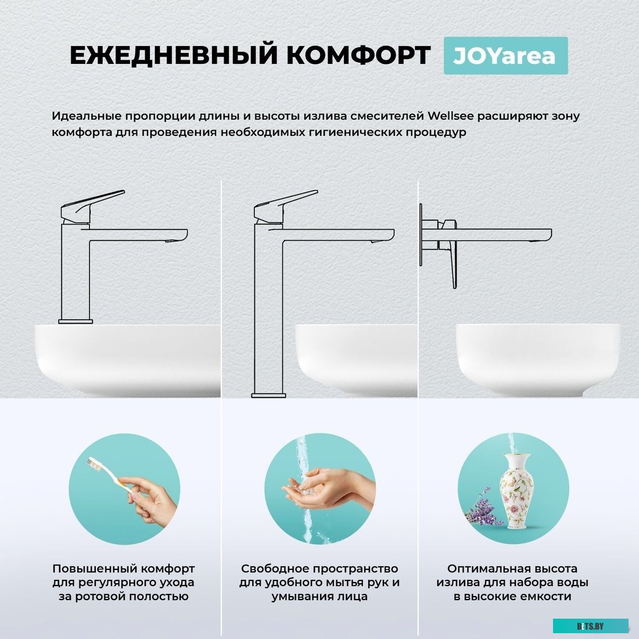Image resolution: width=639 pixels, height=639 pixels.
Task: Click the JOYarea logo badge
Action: [x=505, y=55]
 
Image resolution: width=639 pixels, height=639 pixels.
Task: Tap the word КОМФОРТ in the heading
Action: [x=358, y=55]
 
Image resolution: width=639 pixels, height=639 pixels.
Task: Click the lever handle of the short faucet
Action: [x=92, y=206]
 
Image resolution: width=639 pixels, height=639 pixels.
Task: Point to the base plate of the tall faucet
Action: [x=268, y=395]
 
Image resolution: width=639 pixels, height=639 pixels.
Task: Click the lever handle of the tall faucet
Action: [x=285, y=206]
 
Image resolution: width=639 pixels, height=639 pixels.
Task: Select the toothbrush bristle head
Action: [x=94, y=464]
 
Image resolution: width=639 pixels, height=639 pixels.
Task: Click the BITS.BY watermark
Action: [x=590, y=626]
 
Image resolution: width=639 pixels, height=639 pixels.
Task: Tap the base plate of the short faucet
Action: [x=76, y=322]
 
